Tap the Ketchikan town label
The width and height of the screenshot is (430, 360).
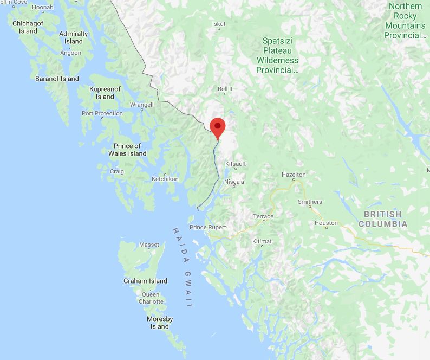click(x=165, y=178)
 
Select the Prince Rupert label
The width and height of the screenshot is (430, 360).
click(x=208, y=227)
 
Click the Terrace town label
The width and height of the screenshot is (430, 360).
click(x=263, y=216)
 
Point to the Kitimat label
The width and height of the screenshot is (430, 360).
click(x=262, y=241)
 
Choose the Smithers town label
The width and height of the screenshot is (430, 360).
click(x=310, y=202)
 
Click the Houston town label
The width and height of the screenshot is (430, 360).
click(x=326, y=223)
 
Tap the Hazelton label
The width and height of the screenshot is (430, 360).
click(x=294, y=175)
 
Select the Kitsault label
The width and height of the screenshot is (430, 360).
click(x=236, y=164)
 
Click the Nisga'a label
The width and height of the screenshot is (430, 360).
click(x=234, y=182)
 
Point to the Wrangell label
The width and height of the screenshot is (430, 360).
click(x=142, y=105)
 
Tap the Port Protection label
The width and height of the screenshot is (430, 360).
click(x=102, y=113)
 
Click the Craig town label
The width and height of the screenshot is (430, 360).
click(x=116, y=171)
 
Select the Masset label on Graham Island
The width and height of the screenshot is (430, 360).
click(x=149, y=245)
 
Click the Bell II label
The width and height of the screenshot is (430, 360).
click(x=225, y=89)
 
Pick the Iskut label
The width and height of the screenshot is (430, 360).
click(x=219, y=24)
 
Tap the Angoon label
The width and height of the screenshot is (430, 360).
click(x=70, y=53)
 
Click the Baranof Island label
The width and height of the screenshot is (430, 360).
click(x=57, y=79)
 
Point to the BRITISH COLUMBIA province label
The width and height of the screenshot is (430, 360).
click(x=382, y=219)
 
